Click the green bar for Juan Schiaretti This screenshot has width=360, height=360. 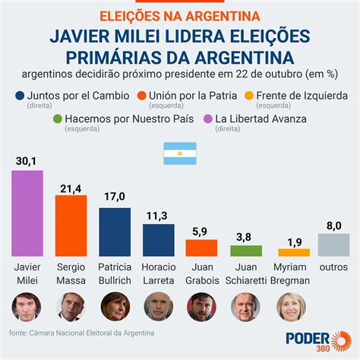coord(247,250)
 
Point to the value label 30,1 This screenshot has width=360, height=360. coord(27,161)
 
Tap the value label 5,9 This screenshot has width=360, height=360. coord(203,231)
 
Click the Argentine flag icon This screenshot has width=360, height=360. coord(179,154)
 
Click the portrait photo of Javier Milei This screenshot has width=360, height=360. coord(27,307)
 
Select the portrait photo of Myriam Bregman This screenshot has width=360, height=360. coord(290,307)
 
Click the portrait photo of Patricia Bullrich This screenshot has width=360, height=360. coord(115,307)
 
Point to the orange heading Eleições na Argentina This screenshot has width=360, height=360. coord(179,15)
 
